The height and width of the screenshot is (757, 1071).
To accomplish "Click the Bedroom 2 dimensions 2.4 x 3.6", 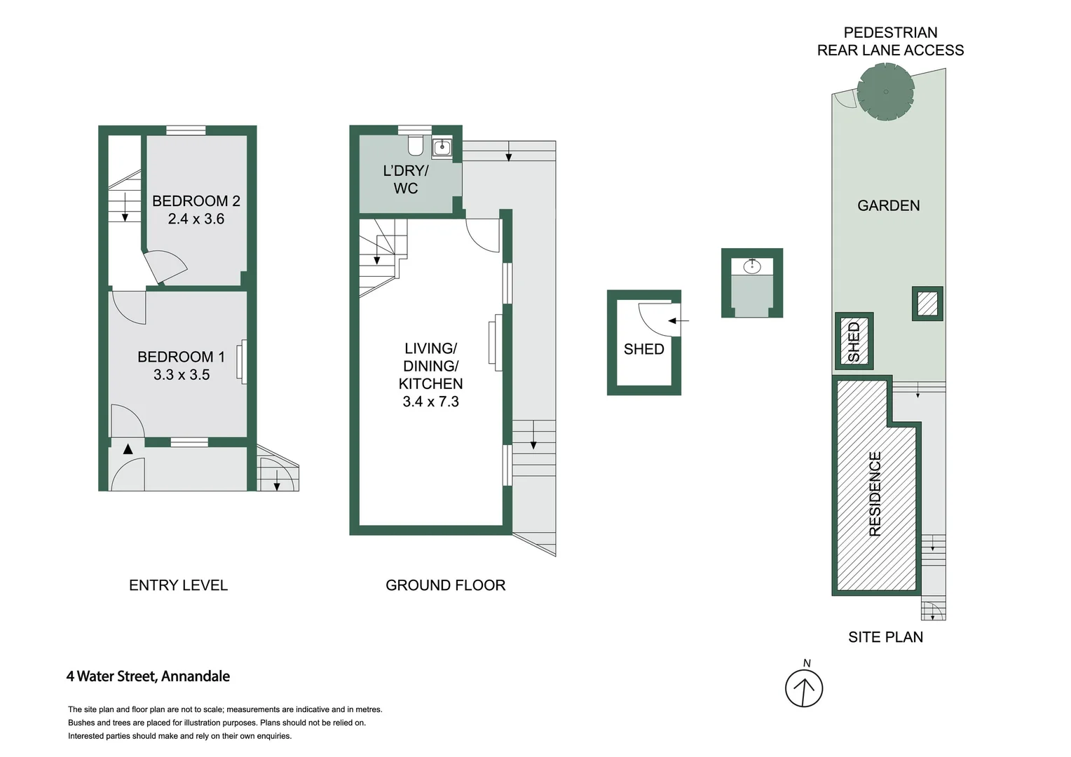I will [196, 219].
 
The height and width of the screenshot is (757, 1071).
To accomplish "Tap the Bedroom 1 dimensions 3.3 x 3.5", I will [182, 375].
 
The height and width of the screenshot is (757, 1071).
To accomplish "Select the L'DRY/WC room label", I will [405, 179].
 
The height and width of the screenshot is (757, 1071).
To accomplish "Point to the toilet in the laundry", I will [415, 145].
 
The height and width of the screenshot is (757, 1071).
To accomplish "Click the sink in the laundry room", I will [442, 147].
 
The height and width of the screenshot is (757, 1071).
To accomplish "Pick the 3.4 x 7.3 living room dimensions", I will [430, 402].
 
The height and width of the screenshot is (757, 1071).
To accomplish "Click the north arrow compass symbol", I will [804, 688].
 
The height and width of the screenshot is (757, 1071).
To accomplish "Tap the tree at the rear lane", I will [886, 92].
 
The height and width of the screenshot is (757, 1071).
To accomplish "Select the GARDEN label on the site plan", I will [888, 205].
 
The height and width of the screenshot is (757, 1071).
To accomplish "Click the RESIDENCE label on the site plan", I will [875, 494].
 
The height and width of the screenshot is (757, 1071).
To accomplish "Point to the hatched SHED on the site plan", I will [854, 341].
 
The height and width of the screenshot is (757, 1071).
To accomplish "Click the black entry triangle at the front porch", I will [128, 449].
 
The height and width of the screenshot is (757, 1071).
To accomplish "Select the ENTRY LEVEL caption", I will [178, 585].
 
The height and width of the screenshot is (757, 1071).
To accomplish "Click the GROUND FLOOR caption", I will [445, 585].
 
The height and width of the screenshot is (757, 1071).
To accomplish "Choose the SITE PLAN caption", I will [885, 637].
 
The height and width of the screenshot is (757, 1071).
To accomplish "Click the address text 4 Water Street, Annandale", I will [148, 676].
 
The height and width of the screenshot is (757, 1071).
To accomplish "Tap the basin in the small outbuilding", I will [752, 266].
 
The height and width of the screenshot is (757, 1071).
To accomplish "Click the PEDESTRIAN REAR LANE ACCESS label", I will [890, 41].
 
